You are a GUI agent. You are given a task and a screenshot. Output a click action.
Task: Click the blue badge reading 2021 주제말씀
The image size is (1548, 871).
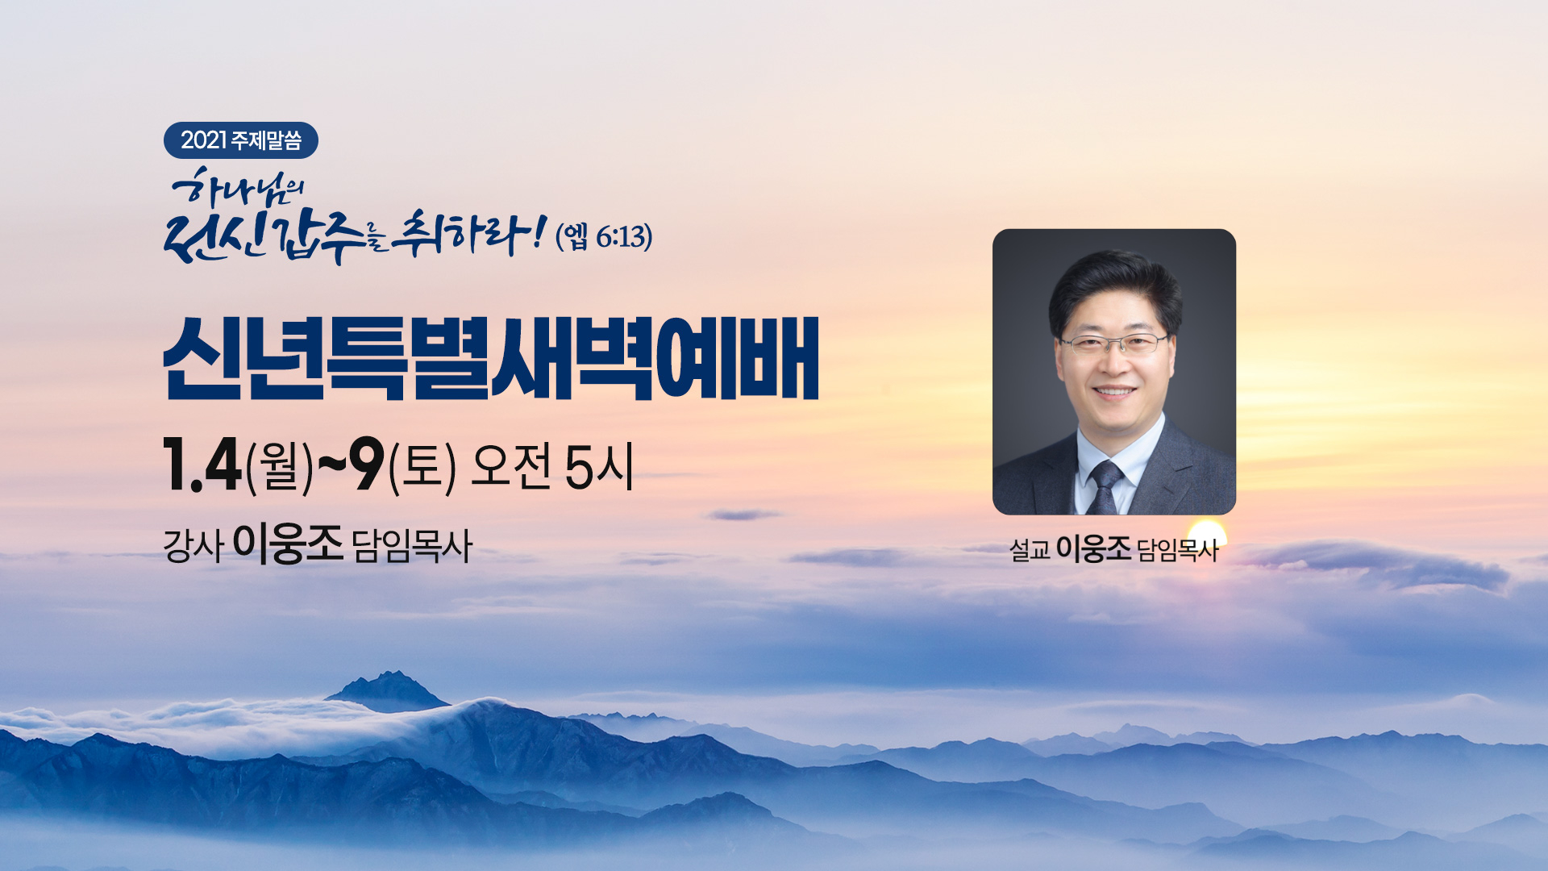pyautogui.click(x=241, y=140)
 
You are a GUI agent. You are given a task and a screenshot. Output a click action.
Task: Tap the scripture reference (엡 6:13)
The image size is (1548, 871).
pyautogui.click(x=604, y=236)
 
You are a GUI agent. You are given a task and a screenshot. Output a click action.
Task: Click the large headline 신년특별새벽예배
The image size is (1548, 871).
pyautogui.click(x=491, y=359)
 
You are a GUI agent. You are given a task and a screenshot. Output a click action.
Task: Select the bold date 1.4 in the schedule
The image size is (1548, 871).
pyautogui.click(x=202, y=465)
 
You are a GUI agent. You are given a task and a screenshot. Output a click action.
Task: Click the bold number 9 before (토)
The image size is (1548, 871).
pyautogui.click(x=367, y=465)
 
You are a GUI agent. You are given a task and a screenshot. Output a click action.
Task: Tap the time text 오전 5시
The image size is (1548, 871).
pyautogui.click(x=552, y=466)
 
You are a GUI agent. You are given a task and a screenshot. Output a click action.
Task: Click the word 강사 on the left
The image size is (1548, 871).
pyautogui.click(x=193, y=546)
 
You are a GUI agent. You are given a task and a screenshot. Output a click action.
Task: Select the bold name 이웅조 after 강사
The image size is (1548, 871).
pyautogui.click(x=288, y=544)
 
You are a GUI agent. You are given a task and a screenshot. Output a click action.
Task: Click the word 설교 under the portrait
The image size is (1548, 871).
pyautogui.click(x=1030, y=550)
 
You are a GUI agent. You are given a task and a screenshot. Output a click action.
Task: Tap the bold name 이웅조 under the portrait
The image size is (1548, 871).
pyautogui.click(x=1093, y=548)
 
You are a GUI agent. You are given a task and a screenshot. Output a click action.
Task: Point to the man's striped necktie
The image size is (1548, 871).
pyautogui.click(x=1105, y=487)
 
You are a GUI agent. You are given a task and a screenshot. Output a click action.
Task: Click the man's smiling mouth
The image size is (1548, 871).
pyautogui.click(x=1115, y=392)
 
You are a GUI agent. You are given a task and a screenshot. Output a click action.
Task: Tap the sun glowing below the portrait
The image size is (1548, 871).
pyautogui.click(x=1207, y=533)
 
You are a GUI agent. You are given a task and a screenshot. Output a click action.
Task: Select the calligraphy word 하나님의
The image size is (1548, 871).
pyautogui.click(x=238, y=189)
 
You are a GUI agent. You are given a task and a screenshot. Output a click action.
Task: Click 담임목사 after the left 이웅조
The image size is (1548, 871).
pyautogui.click(x=412, y=546)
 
